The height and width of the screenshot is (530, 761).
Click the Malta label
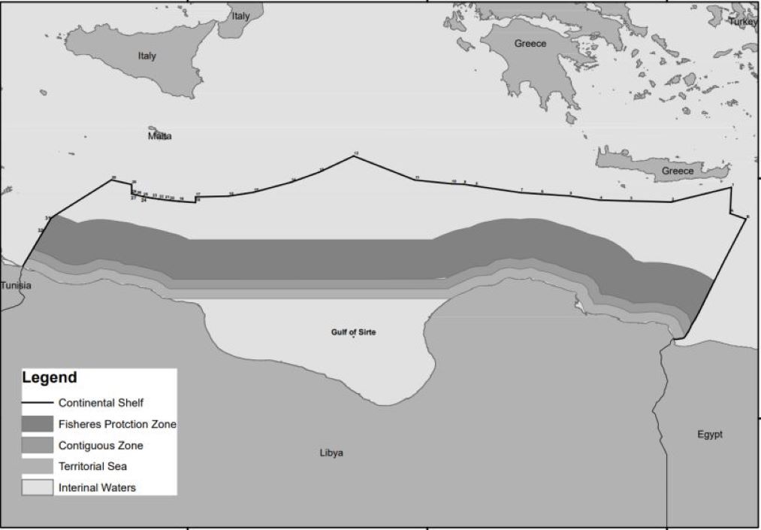coord(159,136)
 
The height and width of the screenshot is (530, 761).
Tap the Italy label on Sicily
coord(147,56)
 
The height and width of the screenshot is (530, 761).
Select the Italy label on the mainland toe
coord(241,16)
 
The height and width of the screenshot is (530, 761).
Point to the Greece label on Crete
coord(678,171)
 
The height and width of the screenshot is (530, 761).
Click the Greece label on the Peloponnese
coord(530,44)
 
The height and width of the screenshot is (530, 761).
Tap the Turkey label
coord(744,22)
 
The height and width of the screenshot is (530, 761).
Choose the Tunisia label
coord(17,286)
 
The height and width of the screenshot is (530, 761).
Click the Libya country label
coord(331,453)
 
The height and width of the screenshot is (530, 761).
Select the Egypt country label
coord(709,435)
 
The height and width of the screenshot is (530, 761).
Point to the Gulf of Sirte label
coord(353,332)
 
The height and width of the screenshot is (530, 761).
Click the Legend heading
coord(50,377)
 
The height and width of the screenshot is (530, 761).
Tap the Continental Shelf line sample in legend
coord(38,402)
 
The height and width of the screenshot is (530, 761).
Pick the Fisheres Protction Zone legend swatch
coord(38,424)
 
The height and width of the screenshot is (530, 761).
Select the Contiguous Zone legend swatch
coord(38,445)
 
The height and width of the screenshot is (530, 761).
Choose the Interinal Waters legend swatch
coord(38,487)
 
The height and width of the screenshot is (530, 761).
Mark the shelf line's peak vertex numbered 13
coord(355,156)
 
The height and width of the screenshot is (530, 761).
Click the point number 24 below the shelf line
coord(143,201)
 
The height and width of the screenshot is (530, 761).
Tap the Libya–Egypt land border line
coord(663,421)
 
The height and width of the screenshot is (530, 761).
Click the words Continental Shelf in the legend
coord(101,402)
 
